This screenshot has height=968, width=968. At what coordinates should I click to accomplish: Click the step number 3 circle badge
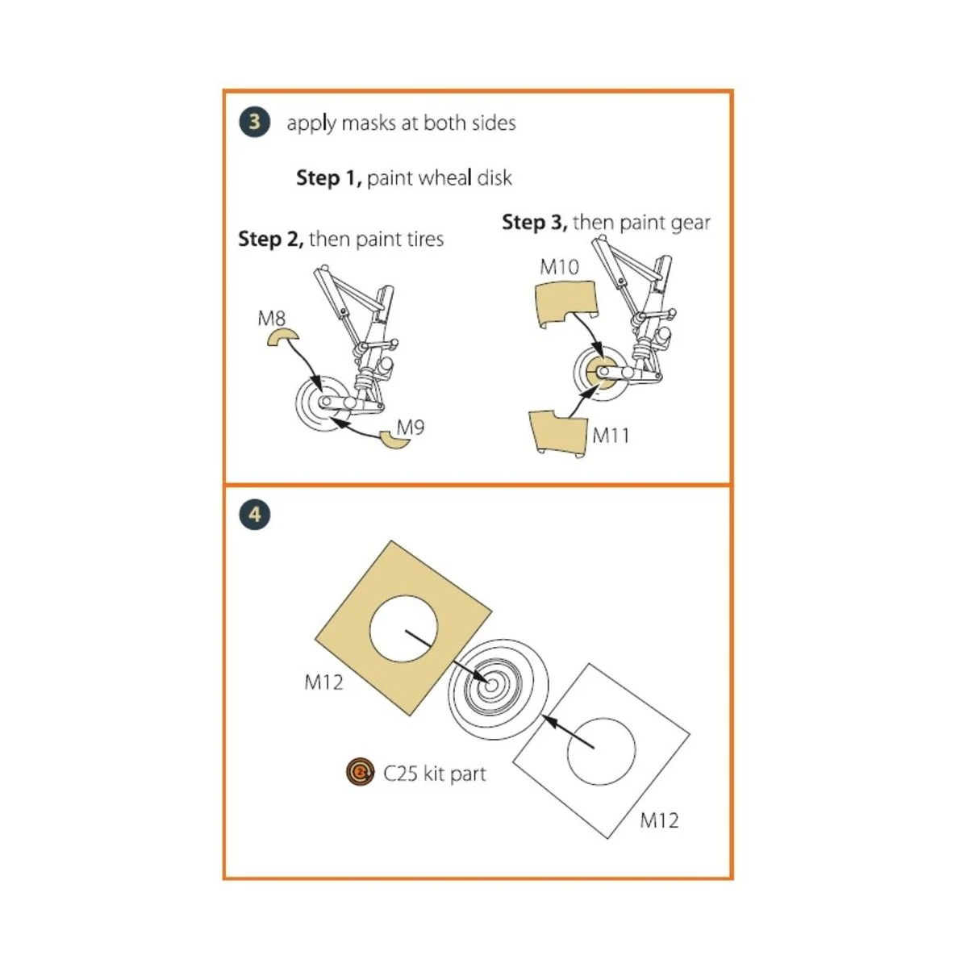tap(255, 123)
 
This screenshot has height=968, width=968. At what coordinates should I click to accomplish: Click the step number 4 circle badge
tap(255, 514)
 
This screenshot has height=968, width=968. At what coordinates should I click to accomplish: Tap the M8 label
tap(271, 319)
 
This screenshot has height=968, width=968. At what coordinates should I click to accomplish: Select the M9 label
tap(411, 427)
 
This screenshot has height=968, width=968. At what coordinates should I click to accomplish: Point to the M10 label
tap(559, 266)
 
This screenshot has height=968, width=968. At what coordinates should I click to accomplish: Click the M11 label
tap(611, 436)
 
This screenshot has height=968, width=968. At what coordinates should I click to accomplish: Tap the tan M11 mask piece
tap(556, 433)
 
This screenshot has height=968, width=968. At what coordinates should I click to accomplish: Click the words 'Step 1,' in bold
tap(328, 177)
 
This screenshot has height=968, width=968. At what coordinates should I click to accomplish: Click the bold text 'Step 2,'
tap(270, 239)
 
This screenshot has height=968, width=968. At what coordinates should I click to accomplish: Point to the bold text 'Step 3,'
tap(534, 222)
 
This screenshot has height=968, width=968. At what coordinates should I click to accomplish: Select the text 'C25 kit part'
tap(435, 774)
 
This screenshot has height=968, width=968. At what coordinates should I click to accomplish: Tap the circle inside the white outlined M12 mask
tap(601, 750)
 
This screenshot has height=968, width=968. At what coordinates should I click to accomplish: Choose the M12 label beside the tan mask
tap(323, 682)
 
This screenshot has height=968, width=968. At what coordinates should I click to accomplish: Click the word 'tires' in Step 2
tap(421, 239)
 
